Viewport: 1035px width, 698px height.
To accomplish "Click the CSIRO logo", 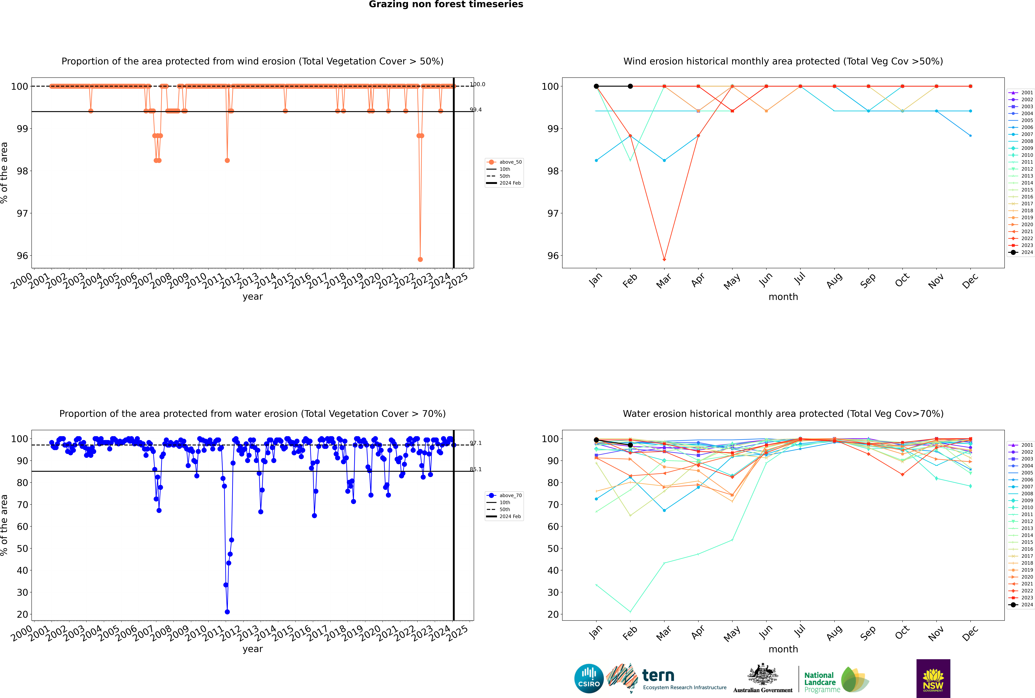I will [589, 678].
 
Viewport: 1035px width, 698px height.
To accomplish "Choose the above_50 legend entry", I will [504, 162].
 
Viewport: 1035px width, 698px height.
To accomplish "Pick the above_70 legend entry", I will [504, 495].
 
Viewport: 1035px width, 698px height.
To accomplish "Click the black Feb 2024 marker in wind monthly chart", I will [630, 86].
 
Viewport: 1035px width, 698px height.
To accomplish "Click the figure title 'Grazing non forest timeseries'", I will [446, 4].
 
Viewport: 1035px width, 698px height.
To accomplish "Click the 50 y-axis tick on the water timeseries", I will [22, 548].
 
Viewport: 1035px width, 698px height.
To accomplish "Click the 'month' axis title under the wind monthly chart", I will [783, 297].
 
